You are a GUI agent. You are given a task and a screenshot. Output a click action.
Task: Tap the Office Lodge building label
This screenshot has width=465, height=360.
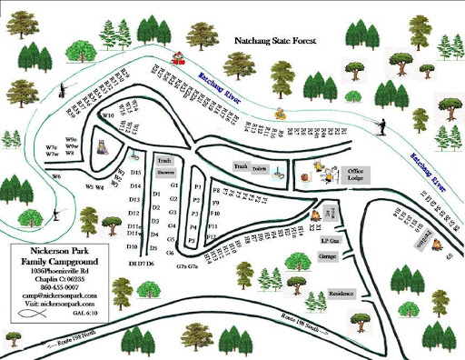click(356, 175)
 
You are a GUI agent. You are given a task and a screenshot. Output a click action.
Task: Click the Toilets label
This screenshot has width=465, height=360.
click(259, 168)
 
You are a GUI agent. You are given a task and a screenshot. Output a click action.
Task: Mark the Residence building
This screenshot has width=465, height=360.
click(341, 294)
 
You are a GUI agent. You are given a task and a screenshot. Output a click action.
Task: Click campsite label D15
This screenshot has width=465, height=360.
click(135, 172)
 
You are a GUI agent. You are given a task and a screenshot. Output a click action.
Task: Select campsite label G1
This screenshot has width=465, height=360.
click(173, 185)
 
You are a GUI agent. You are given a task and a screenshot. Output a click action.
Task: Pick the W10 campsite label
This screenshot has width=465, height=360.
click(108, 116)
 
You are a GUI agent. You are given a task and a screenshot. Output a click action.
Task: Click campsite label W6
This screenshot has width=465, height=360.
click(56, 176)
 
